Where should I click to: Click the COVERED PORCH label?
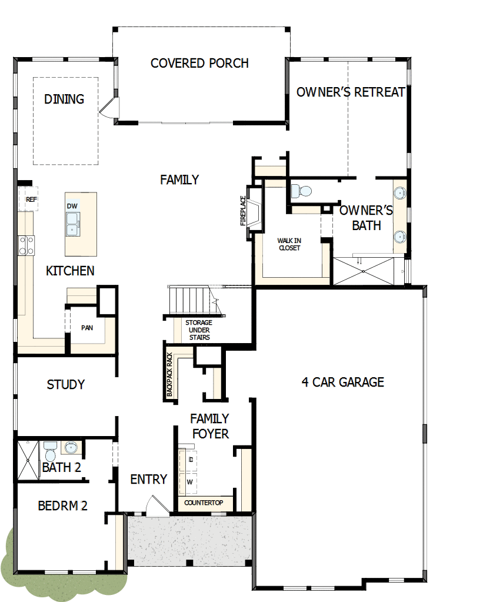(199, 63)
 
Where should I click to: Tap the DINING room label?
(64, 99)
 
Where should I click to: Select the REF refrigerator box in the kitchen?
(31, 199)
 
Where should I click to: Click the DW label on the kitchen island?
(72, 206)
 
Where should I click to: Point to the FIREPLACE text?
(242, 211)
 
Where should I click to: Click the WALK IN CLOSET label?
(289, 244)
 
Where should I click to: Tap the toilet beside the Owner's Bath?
(302, 191)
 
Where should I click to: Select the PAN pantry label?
(86, 328)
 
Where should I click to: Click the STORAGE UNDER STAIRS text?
(199, 330)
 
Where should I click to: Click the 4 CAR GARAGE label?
(342, 382)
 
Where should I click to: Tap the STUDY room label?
(66, 384)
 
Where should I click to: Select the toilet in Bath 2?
(49, 454)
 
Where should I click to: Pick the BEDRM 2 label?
(62, 505)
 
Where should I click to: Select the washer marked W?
(189, 482)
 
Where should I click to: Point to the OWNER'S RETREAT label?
(351, 92)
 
